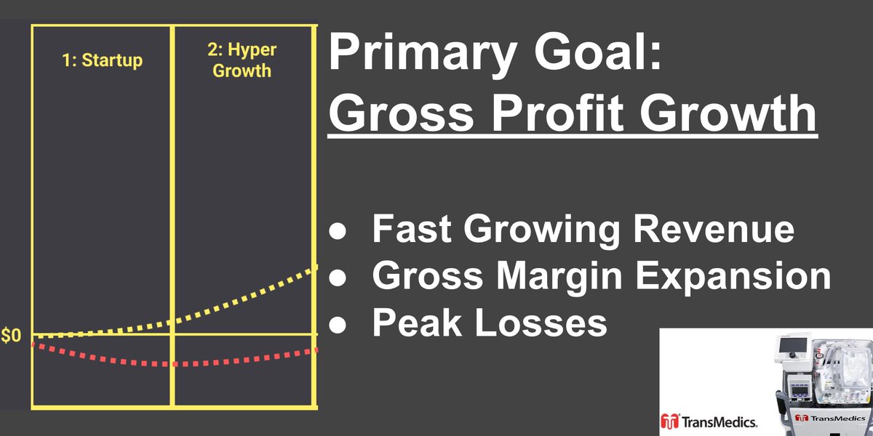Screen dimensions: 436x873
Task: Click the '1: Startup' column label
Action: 101,60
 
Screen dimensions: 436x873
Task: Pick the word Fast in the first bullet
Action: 413,230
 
